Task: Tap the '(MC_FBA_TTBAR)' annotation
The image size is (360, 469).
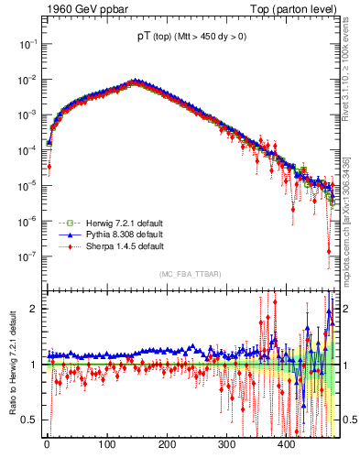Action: pyautogui.click(x=190, y=274)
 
